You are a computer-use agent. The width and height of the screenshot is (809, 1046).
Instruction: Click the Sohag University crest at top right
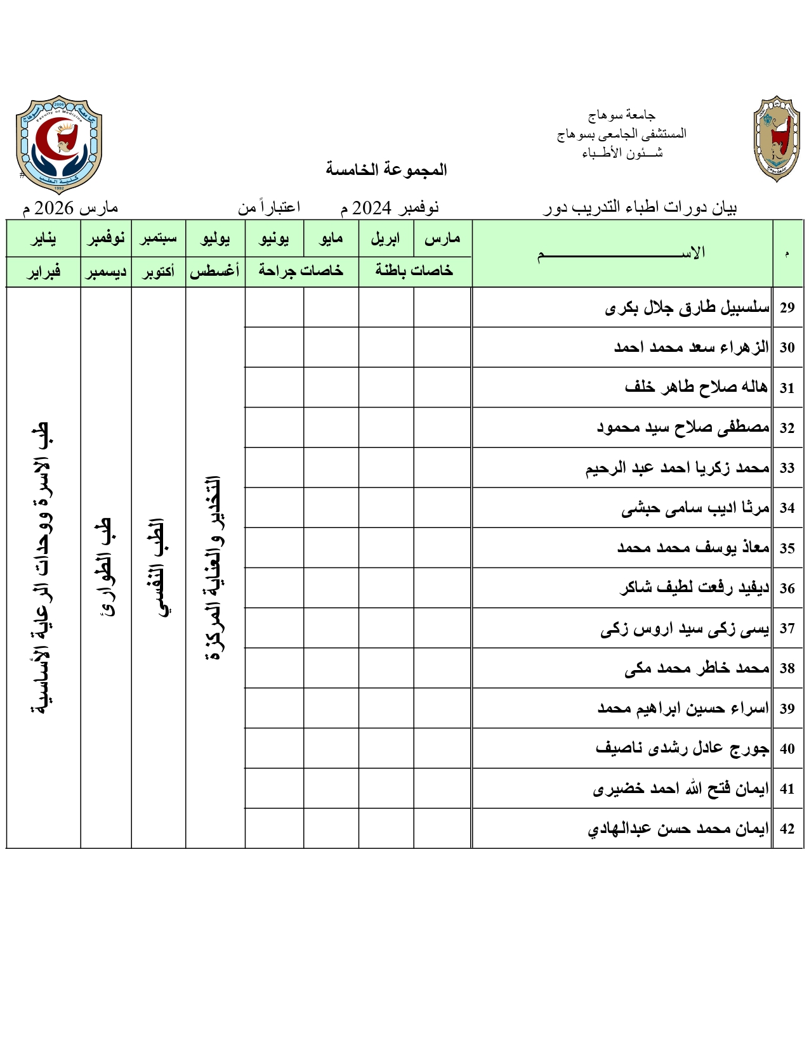pos(777,139)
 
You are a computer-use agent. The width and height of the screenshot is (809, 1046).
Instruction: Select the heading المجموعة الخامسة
pos(386,169)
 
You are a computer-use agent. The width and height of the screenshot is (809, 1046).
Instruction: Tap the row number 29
pos(787,308)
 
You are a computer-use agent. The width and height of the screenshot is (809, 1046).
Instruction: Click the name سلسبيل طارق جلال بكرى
pos(687,308)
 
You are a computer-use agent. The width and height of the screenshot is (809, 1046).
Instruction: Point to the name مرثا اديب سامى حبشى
pos(695,508)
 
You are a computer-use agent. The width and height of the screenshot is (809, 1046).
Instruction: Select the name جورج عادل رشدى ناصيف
pos(682,749)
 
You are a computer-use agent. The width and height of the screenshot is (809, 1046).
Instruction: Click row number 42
pos(787,829)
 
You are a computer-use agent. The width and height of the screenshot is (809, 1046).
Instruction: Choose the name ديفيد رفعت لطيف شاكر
pos(694,588)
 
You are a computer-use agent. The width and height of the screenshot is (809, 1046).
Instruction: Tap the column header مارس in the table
pos(442,239)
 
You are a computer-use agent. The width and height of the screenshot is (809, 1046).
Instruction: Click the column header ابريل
pos(386,239)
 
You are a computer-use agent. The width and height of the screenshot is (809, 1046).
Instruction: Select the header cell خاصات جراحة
pos(301,271)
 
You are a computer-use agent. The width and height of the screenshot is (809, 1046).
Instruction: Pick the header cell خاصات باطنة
pos(414,271)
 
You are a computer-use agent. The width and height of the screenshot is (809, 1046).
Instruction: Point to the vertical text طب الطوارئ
pos(106,567)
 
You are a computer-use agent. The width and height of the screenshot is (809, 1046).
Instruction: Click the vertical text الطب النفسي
pos(158,567)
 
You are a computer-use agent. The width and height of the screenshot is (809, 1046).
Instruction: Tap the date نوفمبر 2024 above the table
pos(390,208)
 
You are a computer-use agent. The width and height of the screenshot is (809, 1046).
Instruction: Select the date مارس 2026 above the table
pos(70,208)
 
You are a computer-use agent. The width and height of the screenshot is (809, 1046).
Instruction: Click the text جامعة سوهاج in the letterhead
pos(621,115)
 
